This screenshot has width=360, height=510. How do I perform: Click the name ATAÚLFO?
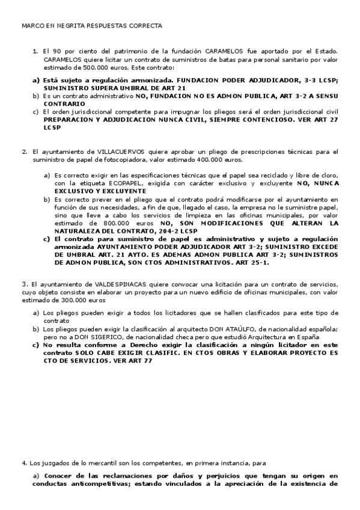pos(237,330)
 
